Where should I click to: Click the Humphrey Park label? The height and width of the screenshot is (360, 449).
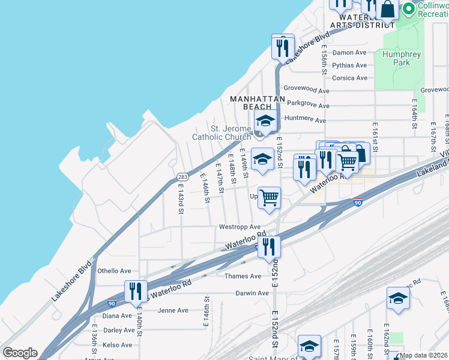point(401,58)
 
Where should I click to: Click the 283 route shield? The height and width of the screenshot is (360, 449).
point(183,176)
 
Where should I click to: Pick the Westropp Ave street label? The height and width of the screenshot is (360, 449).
point(240,227)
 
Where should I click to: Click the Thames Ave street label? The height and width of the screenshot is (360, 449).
point(243,276)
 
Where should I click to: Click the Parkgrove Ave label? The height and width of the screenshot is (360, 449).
point(308,105)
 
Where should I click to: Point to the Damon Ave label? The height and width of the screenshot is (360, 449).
point(349,52)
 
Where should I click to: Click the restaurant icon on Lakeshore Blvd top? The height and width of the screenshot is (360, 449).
point(282,46)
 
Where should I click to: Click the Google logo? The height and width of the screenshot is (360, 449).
point(20,353)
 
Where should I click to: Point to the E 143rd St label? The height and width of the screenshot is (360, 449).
point(180,199)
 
